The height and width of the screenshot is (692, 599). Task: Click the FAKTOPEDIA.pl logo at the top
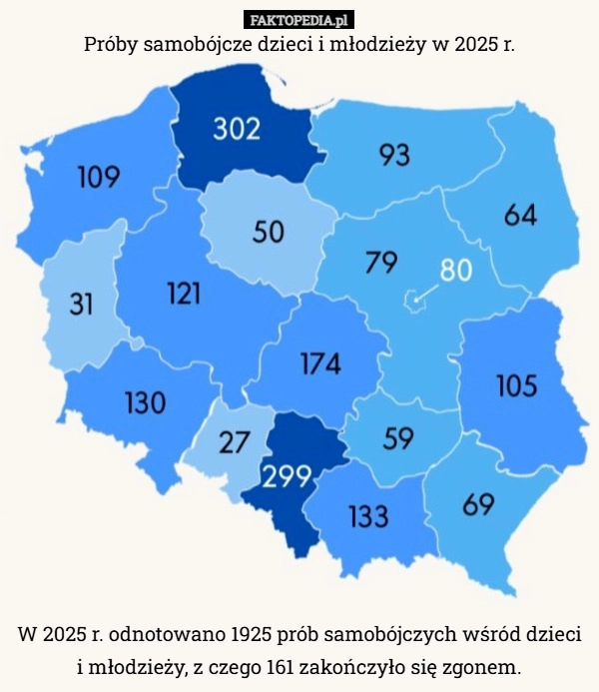(x=299, y=19)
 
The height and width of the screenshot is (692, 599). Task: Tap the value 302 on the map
(x=238, y=129)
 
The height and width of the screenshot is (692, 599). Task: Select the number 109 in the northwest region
(x=99, y=178)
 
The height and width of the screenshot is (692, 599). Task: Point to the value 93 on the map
(x=393, y=155)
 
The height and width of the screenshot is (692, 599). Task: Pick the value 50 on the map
(x=268, y=232)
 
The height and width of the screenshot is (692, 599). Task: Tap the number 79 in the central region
(x=381, y=263)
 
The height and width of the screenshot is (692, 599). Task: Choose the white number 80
(x=456, y=270)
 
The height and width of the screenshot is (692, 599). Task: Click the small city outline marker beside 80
(x=410, y=298)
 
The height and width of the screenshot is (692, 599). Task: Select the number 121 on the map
(x=183, y=293)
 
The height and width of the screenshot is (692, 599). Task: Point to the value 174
(x=320, y=364)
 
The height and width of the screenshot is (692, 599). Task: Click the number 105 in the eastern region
(x=516, y=384)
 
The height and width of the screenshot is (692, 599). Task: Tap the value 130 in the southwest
(x=145, y=402)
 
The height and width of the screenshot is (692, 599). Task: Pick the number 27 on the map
(x=235, y=443)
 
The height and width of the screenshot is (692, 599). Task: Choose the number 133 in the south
(x=368, y=515)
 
